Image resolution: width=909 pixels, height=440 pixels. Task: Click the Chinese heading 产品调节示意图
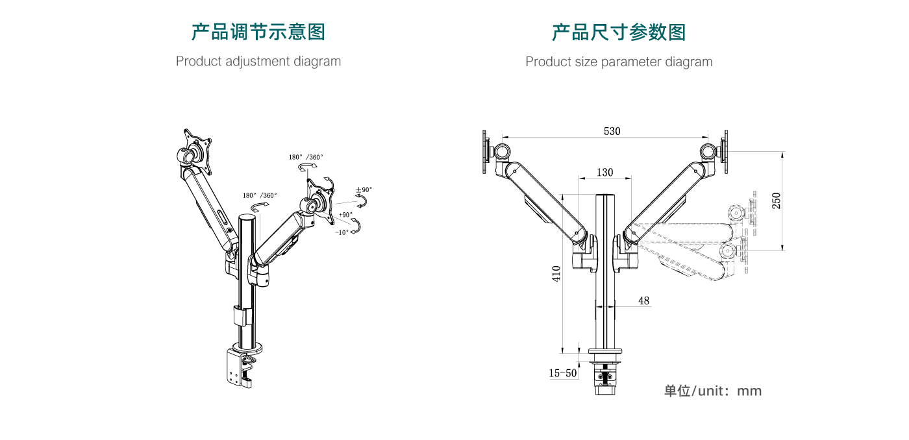tap(258, 32)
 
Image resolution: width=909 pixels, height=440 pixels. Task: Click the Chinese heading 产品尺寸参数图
tap(618, 32)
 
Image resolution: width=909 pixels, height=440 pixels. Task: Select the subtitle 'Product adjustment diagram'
tap(258, 62)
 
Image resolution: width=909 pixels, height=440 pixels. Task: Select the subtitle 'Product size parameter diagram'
tap(618, 62)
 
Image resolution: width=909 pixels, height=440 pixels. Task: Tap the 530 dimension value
tap(612, 131)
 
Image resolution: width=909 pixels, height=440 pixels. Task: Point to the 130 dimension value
tap(604, 173)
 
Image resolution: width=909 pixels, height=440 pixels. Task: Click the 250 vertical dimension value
tap(777, 201)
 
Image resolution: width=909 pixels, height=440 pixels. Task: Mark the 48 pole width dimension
tap(643, 301)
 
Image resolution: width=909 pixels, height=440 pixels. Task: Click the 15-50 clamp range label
tap(563, 373)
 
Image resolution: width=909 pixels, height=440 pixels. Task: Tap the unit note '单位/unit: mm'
tap(712, 391)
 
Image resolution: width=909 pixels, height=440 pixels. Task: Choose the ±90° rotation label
tap(364, 190)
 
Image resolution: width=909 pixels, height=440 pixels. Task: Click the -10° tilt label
tap(342, 232)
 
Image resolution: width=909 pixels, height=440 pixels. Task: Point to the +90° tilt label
tap(345, 214)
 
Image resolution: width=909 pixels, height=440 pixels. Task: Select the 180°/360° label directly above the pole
tap(260, 195)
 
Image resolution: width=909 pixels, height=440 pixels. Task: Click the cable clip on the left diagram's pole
tap(240, 316)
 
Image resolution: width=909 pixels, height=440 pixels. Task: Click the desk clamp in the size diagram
tap(604, 375)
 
